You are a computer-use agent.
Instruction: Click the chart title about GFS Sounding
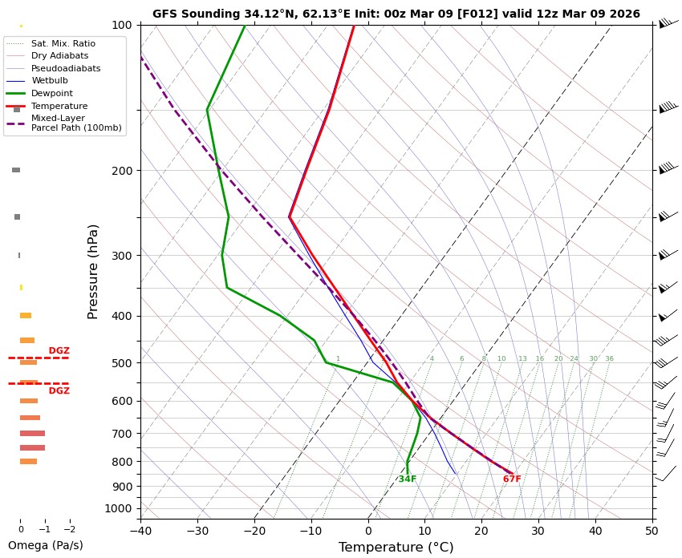coord(396,14)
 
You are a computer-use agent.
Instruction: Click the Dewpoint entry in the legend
coord(52,93)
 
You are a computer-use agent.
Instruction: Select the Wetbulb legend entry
coord(50,81)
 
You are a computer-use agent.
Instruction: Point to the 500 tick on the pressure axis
coord(122,363)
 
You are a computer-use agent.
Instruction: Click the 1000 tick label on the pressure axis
coord(119,508)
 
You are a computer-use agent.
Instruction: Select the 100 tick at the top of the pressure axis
coord(122,25)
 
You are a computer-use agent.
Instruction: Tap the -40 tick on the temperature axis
coord(140,530)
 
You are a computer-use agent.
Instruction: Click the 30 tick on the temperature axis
coord(538,530)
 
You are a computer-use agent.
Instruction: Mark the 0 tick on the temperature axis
coord(368,530)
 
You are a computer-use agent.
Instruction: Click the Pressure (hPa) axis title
coord(94,271)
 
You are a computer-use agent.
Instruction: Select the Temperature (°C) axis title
coord(396,548)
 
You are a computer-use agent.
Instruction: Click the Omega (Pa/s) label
coord(45,545)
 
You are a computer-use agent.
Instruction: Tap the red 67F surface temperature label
coord(512,479)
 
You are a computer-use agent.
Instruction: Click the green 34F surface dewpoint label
coord(408,479)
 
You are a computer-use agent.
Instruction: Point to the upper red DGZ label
coord(59,351)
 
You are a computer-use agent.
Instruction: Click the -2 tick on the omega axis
coord(70,530)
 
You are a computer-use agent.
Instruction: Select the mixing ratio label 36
coord(609,359)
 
